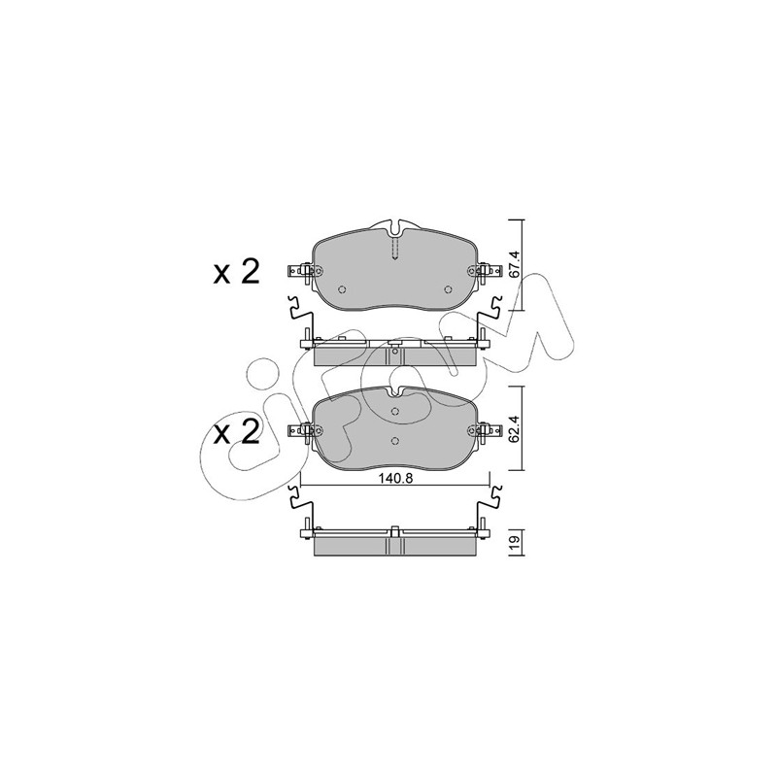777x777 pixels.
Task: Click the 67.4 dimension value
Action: pos(515,264)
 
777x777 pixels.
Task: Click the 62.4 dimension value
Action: pos(515,429)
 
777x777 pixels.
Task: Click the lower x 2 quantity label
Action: pos(236,432)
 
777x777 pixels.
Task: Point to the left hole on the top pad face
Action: pos(342,289)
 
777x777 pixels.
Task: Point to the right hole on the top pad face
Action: pos(448,289)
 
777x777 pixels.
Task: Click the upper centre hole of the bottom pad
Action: pos(395,411)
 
